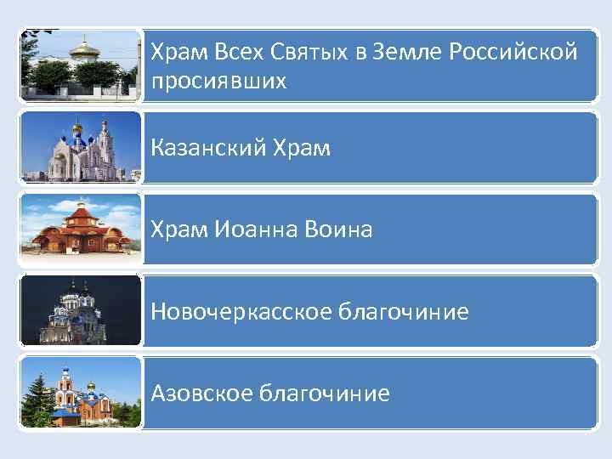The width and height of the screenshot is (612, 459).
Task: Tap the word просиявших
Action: pyautogui.click(x=219, y=82)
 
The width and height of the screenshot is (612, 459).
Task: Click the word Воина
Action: pyautogui.click(x=344, y=229)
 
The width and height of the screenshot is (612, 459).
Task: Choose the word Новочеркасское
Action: pyautogui.click(x=241, y=312)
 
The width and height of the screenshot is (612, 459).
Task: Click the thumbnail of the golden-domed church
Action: pyautogui.click(x=80, y=66)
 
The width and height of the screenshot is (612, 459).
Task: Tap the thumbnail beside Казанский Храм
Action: pyautogui.click(x=80, y=147)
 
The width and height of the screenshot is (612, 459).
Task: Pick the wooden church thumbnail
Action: pyautogui.click(x=80, y=227)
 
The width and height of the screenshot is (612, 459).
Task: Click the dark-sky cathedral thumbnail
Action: pyautogui.click(x=80, y=310)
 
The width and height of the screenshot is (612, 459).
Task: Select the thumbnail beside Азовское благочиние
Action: pyautogui.click(x=80, y=391)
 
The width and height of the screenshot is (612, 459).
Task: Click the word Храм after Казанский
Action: pyautogui.click(x=302, y=149)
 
